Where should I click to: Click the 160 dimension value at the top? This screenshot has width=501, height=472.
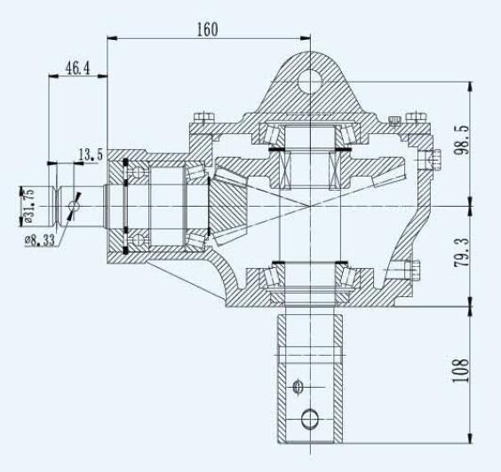(x=206, y=28)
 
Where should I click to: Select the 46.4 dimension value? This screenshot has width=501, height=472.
(x=77, y=67)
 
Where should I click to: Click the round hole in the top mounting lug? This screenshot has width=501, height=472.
(x=310, y=82)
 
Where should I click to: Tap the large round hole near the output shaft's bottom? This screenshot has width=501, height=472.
(x=310, y=417)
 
